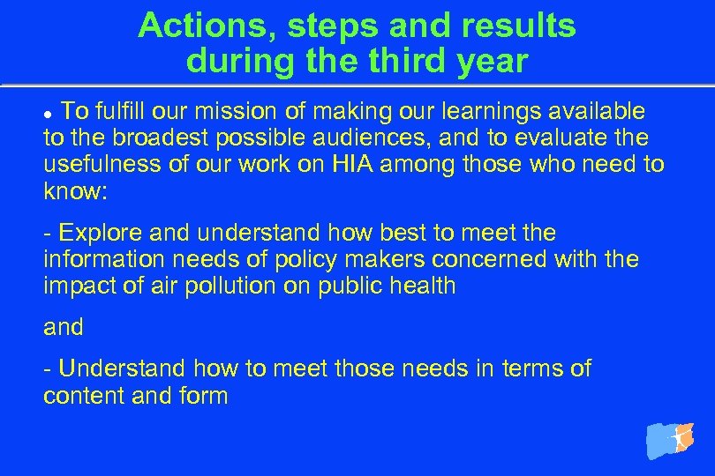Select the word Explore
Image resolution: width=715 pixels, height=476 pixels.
94,233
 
